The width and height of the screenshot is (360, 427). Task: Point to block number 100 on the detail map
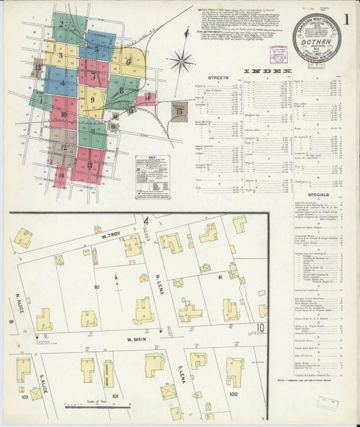pyautogui.click(x=234, y=393)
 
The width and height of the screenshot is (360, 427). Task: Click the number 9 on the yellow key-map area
pyautogui.click(x=91, y=100)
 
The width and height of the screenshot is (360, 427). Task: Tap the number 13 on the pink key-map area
pyautogui.click(x=89, y=165)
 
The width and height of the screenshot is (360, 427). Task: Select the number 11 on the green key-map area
pyautogui.click(x=93, y=131)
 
